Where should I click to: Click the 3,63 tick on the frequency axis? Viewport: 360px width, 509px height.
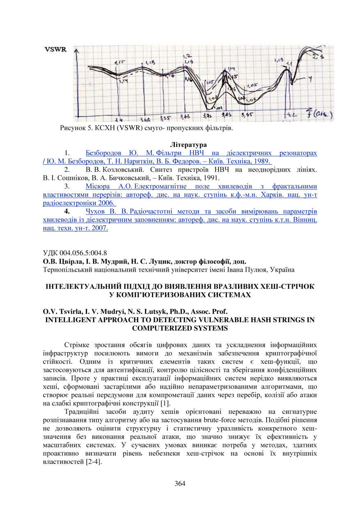[x=185, y=117]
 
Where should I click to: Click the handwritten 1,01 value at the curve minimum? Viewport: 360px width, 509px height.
[x=218, y=107]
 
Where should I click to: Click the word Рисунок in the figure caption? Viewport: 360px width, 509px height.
[x=72, y=129]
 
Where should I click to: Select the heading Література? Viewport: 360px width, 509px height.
[x=188, y=144]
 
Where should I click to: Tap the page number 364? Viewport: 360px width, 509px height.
[x=180, y=483]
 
